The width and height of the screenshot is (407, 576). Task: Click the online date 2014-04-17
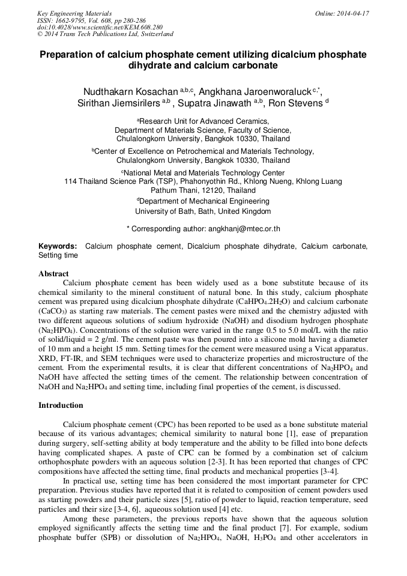352,13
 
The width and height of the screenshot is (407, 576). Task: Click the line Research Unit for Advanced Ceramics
204,121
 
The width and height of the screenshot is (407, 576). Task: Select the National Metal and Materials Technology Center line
204,172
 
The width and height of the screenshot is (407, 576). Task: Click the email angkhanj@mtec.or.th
243,229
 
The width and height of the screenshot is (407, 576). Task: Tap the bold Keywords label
58,246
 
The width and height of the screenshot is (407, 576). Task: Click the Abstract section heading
53,273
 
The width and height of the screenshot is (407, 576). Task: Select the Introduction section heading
61,405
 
